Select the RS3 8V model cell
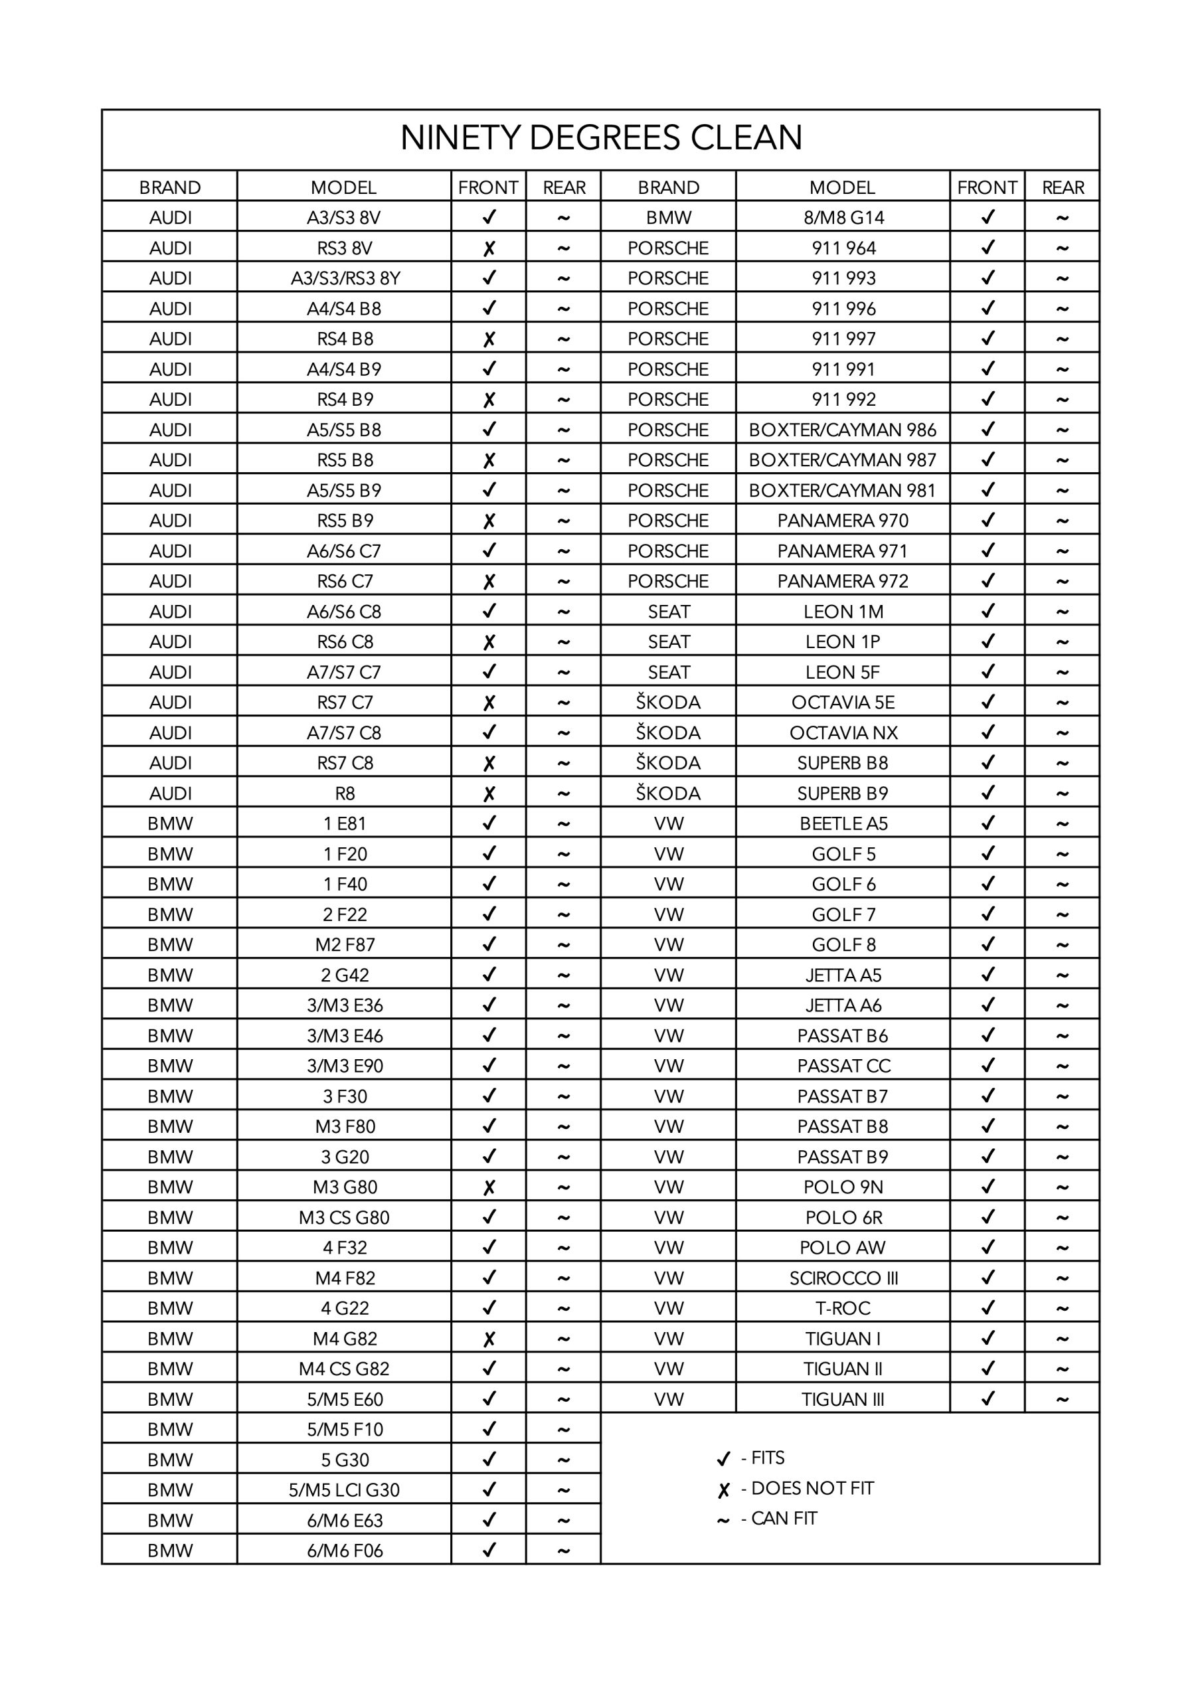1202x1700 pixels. pyautogui.click(x=345, y=248)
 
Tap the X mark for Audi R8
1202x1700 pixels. pyautogui.click(x=489, y=794)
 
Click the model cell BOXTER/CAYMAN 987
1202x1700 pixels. pyautogui.click(x=842, y=460)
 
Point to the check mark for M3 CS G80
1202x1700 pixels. pyautogui.click(x=489, y=1217)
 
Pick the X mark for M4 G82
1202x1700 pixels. pyautogui.click(x=489, y=1339)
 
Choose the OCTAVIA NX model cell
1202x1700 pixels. pyautogui.click(x=843, y=733)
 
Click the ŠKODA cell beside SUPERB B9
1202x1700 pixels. pyautogui.click(x=668, y=794)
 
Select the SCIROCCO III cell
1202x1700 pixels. pyautogui.click(x=843, y=1278)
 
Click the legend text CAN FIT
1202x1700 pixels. pyautogui.click(x=784, y=1519)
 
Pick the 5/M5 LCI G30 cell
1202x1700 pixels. pyautogui.click(x=345, y=1489)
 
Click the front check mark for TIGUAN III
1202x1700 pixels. pyautogui.click(x=987, y=1399)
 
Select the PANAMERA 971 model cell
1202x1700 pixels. pyautogui.click(x=842, y=551)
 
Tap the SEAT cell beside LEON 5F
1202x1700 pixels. pyautogui.click(x=668, y=672)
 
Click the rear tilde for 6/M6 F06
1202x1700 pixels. pyautogui.click(x=563, y=1551)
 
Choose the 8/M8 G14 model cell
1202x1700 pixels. pyautogui.click(x=843, y=218)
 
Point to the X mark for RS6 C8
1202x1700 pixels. pyautogui.click(x=489, y=642)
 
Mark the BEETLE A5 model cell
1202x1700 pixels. pyautogui.click(x=843, y=823)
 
